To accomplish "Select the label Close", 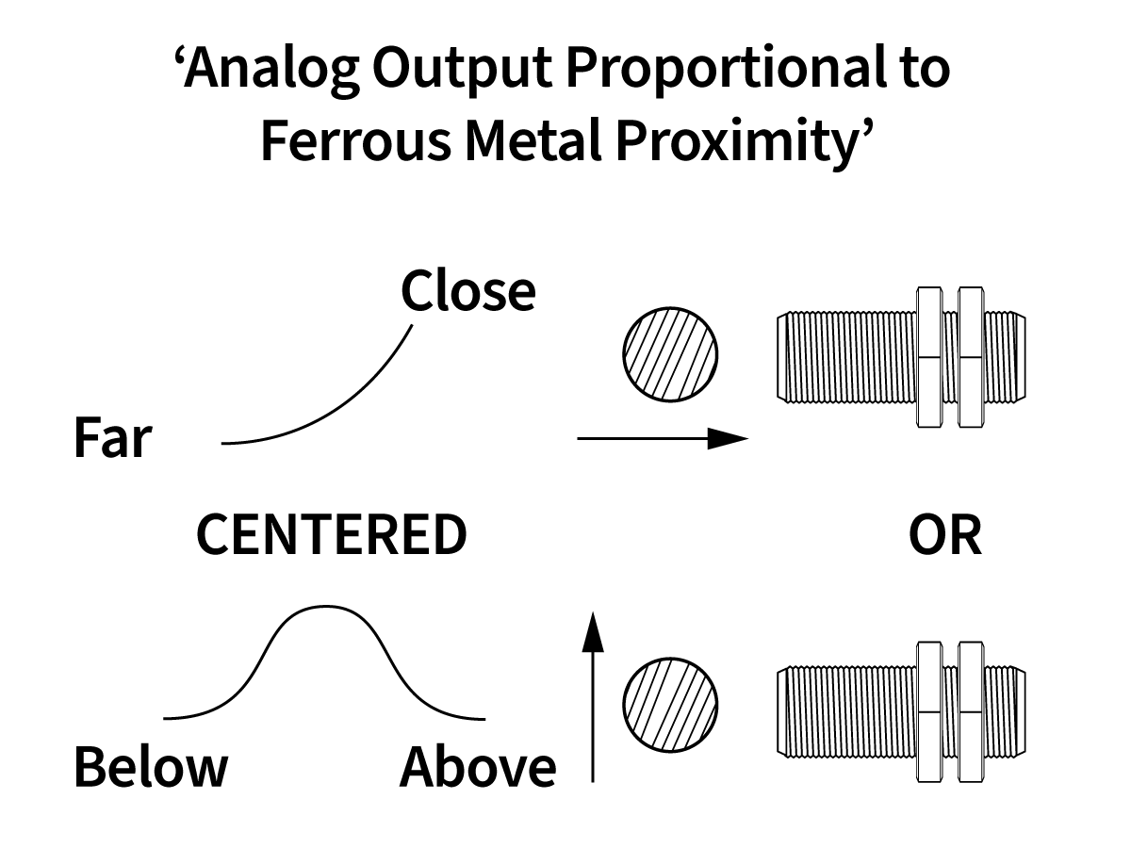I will [x=468, y=292].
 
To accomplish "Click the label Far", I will [x=112, y=439].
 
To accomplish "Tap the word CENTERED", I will [x=331, y=535].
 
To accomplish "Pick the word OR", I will [x=944, y=535].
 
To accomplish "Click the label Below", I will [x=151, y=767].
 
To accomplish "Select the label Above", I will [x=478, y=767].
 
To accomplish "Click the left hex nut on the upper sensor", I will [x=928, y=356].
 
